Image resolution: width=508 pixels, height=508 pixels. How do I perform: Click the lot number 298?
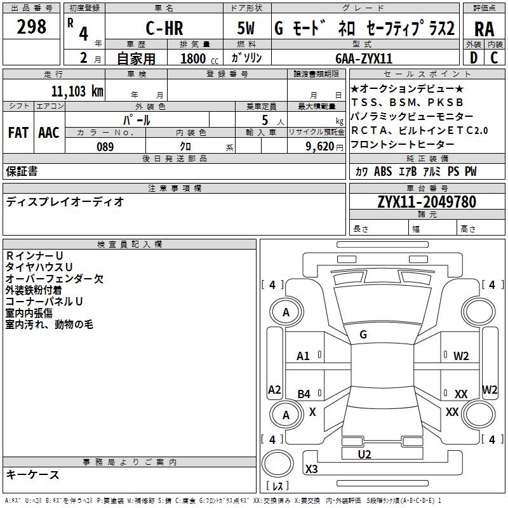(x=32, y=27)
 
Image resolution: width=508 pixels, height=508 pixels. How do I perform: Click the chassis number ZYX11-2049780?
(x=427, y=202)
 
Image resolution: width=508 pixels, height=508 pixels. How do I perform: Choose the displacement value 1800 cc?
(x=194, y=58)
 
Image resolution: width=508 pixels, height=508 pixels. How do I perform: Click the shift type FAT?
(x=18, y=132)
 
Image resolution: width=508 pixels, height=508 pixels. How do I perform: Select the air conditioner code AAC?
(x=49, y=132)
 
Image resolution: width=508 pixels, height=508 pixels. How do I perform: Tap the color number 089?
(x=105, y=147)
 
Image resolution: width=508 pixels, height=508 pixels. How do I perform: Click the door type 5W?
(x=247, y=29)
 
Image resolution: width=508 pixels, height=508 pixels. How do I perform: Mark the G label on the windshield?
(x=363, y=335)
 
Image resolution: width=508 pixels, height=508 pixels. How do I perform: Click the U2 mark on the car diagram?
(x=364, y=454)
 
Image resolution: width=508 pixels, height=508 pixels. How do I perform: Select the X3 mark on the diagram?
(x=311, y=469)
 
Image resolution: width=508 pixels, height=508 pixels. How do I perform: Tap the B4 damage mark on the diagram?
(x=304, y=394)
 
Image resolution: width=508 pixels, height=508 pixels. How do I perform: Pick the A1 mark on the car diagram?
(x=304, y=356)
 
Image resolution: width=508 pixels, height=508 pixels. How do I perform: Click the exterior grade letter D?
(x=473, y=58)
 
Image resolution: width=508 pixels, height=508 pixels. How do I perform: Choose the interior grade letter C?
(x=495, y=58)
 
